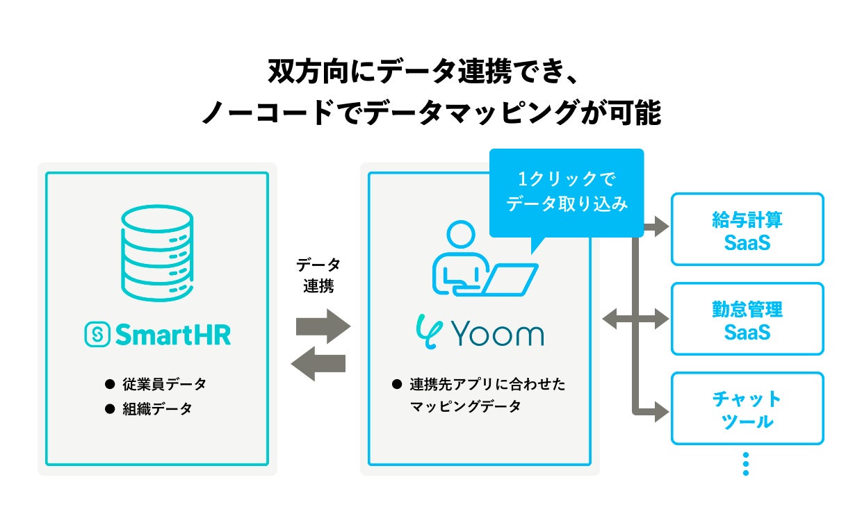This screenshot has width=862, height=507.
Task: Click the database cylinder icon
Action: click(x=157, y=253)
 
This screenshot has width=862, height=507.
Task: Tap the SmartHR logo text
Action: click(x=173, y=335)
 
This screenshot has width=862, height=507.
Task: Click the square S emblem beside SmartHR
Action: click(x=97, y=335)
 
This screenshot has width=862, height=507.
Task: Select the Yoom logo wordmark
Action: click(x=480, y=332)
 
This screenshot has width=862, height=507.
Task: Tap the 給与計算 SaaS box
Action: click(x=747, y=229)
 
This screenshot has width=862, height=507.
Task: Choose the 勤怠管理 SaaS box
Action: click(x=747, y=319)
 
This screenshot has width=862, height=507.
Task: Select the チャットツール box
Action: click(x=747, y=408)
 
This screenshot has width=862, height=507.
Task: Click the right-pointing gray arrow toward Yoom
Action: click(x=323, y=326)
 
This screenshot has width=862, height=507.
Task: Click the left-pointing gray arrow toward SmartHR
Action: click(x=318, y=364)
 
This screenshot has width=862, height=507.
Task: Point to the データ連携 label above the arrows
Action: click(x=318, y=275)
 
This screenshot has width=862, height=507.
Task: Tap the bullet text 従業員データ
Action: click(x=164, y=384)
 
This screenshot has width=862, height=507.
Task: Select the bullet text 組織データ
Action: click(x=157, y=408)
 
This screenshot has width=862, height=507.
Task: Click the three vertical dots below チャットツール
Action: click(x=746, y=464)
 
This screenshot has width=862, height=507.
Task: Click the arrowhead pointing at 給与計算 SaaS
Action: click(x=662, y=226)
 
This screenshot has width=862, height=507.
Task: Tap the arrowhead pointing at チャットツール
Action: click(x=662, y=412)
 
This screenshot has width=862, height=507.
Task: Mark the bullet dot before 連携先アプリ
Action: click(x=397, y=384)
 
